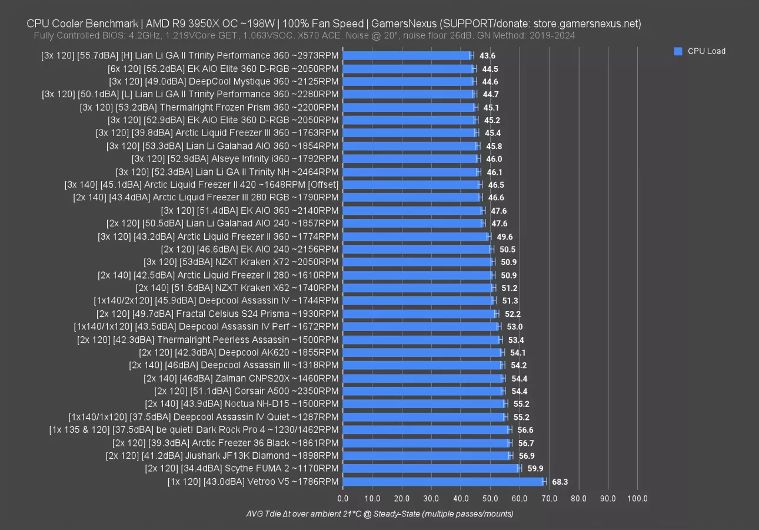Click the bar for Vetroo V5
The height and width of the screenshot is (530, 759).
[443, 482]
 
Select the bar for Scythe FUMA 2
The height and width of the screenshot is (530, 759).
[431, 469]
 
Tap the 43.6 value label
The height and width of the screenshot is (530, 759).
[487, 55]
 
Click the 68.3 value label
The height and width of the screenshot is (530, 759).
[560, 482]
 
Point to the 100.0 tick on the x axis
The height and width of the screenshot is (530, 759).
[637, 499]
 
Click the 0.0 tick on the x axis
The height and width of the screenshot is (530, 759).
[342, 499]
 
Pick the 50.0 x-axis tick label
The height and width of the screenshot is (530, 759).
[490, 499]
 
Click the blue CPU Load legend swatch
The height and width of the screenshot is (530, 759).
[678, 51]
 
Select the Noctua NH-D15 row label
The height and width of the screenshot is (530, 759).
[242, 404]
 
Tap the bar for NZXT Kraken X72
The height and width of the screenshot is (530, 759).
[417, 262]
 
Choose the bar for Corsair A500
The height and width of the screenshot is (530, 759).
[422, 391]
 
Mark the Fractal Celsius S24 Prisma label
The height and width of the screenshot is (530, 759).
[217, 314]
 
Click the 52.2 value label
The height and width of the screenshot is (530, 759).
[512, 314]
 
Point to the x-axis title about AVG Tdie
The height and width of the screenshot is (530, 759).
[379, 514]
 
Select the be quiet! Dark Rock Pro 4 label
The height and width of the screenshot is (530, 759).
[194, 430]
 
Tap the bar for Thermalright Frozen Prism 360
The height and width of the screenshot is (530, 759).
[409, 107]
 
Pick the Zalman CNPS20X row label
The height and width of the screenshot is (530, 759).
[241, 378]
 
